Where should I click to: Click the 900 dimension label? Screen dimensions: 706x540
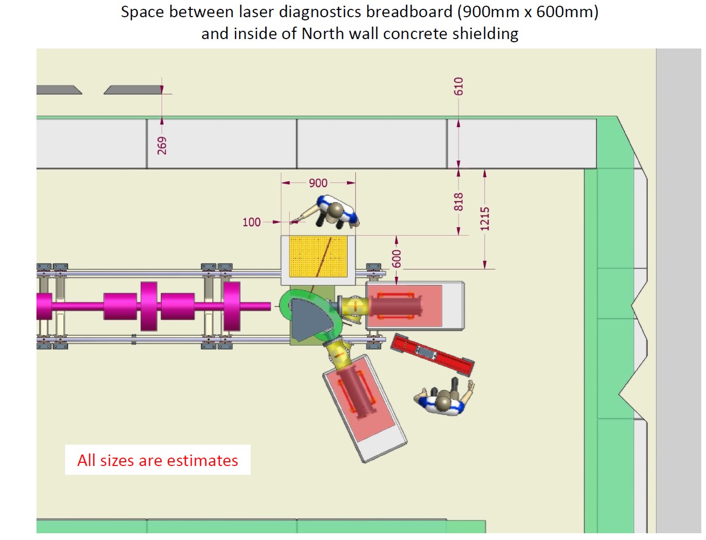[x=318, y=183]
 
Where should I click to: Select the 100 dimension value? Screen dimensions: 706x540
[x=251, y=222]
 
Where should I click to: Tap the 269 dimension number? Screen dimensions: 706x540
[x=162, y=145]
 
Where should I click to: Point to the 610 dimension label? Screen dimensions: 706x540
[x=459, y=86]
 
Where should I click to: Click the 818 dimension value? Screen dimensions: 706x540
[x=459, y=202]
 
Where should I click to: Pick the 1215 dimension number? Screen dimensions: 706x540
[x=485, y=219]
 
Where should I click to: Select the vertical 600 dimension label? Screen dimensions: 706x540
[x=397, y=259]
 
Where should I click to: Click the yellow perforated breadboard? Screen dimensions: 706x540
[x=318, y=256]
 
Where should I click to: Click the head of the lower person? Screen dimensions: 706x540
[x=444, y=401]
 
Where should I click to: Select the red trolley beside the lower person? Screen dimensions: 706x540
[x=432, y=354]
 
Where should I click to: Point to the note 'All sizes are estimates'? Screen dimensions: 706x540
[x=157, y=460]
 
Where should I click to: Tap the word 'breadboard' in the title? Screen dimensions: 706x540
[x=410, y=12]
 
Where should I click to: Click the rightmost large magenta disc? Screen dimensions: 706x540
[x=231, y=306]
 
